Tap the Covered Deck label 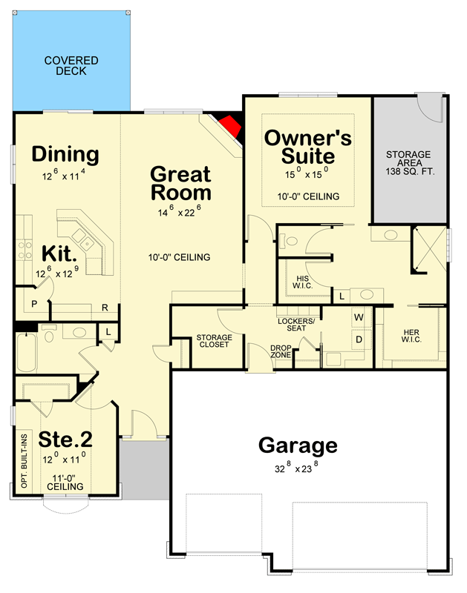click(x=71, y=65)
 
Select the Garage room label click(x=298, y=445)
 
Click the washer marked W click(x=359, y=317)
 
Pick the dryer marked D click(x=359, y=339)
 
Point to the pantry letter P click(x=34, y=304)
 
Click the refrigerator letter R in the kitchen click(x=105, y=308)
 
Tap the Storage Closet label click(x=214, y=341)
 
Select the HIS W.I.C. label click(x=302, y=282)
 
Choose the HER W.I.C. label click(x=411, y=336)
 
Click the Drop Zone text click(x=281, y=351)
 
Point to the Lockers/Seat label click(x=296, y=325)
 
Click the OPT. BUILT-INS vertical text click(x=25, y=460)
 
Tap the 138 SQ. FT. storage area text click(x=410, y=171)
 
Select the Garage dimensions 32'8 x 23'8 click(x=296, y=467)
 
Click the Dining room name click(x=65, y=154)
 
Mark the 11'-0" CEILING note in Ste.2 click(x=65, y=483)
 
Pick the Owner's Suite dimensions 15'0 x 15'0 click(x=307, y=173)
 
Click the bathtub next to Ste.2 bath click(x=26, y=352)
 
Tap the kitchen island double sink click(x=83, y=239)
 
